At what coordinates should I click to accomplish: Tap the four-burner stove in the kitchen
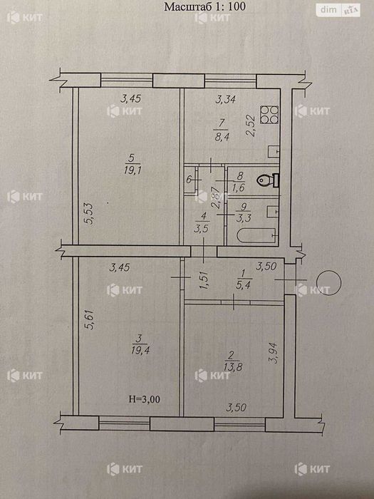pyautogui.click(x=269, y=115)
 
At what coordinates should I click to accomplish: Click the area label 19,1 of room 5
pyautogui.click(x=133, y=170)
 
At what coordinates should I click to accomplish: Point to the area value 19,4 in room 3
pyautogui.click(x=140, y=351)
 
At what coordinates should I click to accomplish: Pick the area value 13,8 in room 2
pyautogui.click(x=233, y=367)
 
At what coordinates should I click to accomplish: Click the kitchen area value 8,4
pyautogui.click(x=222, y=137)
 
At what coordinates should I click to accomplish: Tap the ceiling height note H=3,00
pyautogui.click(x=145, y=399)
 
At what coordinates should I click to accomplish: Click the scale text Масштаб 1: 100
pyautogui.click(x=204, y=6)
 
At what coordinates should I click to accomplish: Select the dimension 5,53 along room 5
pyautogui.click(x=90, y=214)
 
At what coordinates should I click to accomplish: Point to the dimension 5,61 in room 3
pyautogui.click(x=90, y=320)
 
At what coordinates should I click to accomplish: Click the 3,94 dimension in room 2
pyautogui.click(x=273, y=353)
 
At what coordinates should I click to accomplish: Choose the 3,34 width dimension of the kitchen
pyautogui.click(x=226, y=100)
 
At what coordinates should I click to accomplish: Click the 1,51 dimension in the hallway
pyautogui.click(x=204, y=279)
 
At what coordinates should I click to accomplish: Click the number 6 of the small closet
pyautogui.click(x=189, y=180)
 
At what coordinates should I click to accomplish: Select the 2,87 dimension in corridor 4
pyautogui.click(x=216, y=197)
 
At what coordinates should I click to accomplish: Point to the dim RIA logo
pyautogui.click(x=338, y=10)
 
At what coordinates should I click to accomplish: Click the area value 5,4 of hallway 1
pyautogui.click(x=243, y=285)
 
